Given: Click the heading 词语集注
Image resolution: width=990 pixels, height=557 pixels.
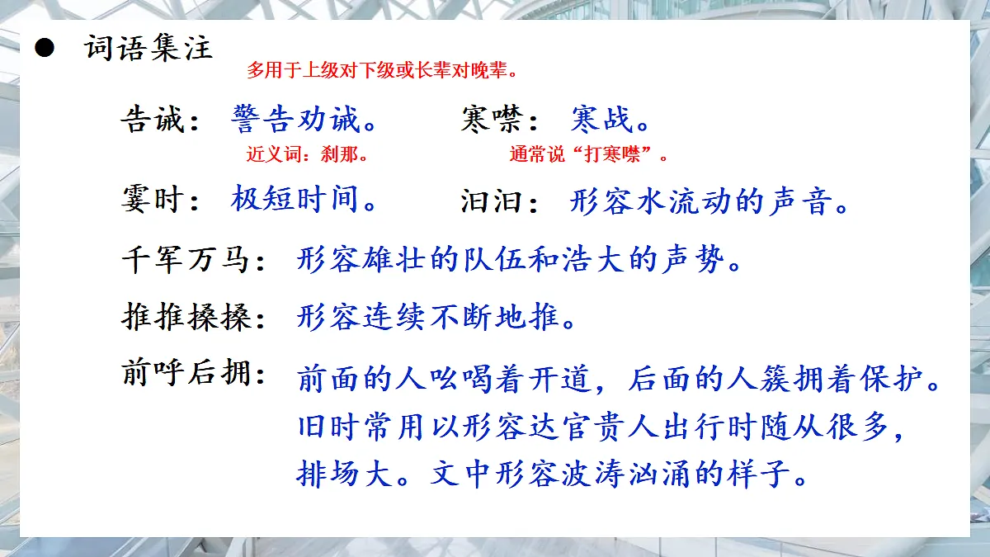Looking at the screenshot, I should click(x=148, y=48).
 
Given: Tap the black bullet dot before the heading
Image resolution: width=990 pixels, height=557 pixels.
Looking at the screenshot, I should click(x=44, y=49).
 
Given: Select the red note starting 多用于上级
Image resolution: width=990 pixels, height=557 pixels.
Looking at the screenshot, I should click(x=383, y=70).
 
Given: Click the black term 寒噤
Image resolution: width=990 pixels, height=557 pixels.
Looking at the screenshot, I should click(x=492, y=120).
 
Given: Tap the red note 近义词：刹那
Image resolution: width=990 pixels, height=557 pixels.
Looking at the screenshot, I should click(x=307, y=154).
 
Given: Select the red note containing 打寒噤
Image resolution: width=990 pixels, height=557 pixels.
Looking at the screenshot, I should click(x=588, y=154).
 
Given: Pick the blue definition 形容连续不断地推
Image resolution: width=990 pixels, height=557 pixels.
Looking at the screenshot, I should click(x=428, y=317).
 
